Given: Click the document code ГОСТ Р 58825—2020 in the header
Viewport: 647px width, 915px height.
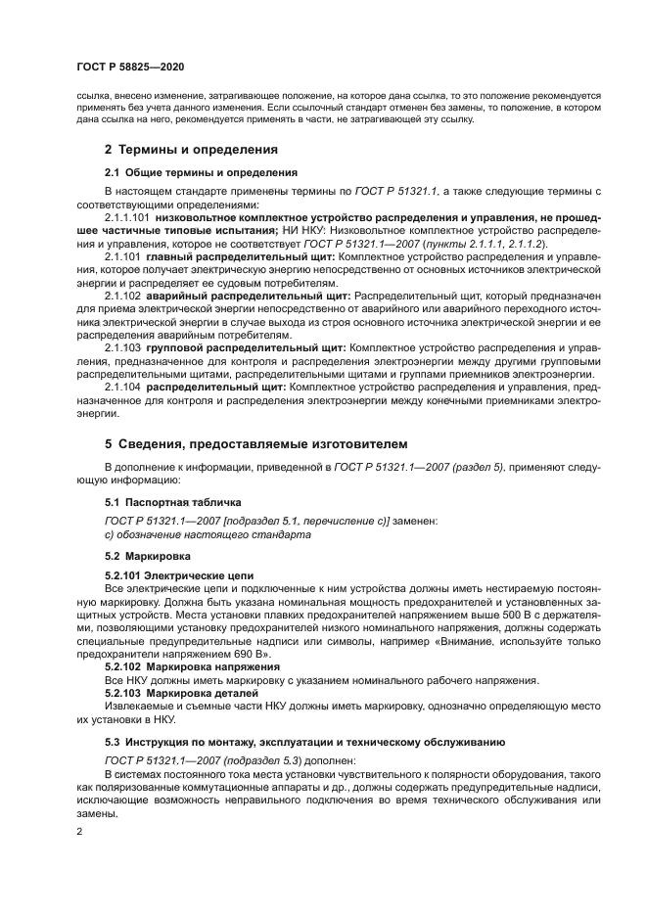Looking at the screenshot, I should pyautogui.click(x=130, y=66).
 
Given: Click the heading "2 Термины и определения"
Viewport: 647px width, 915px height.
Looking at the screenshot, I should pyautogui.click(x=191, y=150).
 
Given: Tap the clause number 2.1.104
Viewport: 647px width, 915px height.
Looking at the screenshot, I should pyautogui.click(x=121, y=387).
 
